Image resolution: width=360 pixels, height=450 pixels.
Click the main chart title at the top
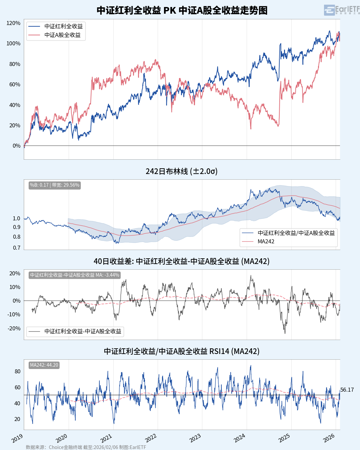pos(182,10)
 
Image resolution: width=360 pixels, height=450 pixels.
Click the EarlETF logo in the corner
pos(341,10)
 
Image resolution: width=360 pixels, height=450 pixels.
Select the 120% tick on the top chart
pos(13,23)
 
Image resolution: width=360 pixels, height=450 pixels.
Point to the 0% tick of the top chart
pos(16,146)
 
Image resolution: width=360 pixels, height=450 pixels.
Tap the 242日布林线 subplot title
pos(182,171)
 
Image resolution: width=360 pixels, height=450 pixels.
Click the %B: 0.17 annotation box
pos(55,185)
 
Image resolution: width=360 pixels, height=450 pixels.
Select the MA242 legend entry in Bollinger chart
pos(266,241)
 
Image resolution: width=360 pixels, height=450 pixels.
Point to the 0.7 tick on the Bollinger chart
pos(17,248)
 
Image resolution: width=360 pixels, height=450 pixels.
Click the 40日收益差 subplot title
pos(182,261)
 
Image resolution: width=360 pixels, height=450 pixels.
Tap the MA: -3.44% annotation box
pos(74,275)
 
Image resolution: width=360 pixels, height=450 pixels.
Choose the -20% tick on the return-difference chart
pos(14,328)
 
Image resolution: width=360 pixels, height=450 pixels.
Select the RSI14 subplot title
pos(182,351)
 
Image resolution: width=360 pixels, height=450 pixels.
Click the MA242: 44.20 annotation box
pos(44,365)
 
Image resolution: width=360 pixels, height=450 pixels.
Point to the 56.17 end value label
pos(347,390)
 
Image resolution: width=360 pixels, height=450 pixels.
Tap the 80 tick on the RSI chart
pos(17,371)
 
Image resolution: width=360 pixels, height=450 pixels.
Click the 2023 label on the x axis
pos(195,438)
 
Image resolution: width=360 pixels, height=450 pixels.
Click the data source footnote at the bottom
pos(86,447)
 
